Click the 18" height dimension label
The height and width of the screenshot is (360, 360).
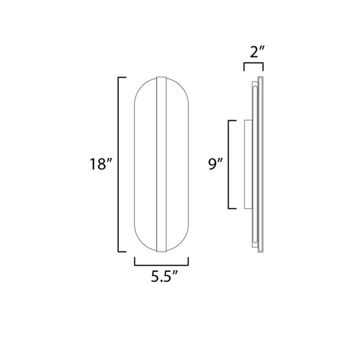101,164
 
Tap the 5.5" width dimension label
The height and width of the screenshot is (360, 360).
164,277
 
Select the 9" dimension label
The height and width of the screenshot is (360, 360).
215,164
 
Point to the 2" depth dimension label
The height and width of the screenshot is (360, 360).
257,52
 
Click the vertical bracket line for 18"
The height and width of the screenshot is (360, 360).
118,164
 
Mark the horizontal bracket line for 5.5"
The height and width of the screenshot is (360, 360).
161,265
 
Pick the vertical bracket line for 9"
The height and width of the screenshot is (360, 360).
228,164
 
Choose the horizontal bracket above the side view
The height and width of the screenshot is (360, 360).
253,63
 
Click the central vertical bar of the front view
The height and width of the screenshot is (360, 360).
161,164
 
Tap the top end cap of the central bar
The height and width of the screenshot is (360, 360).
161,79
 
